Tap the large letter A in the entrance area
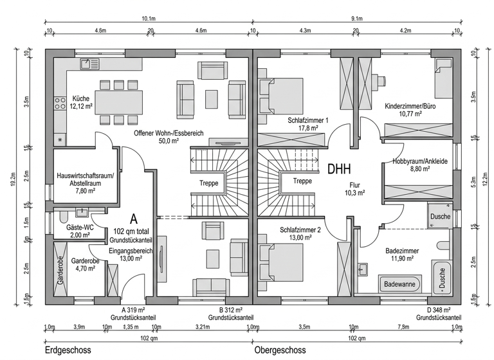tap(134, 219)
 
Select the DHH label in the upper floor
tap(339, 170)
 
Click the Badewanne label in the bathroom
tap(399, 283)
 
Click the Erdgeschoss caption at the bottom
tap(68, 351)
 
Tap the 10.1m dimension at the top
tap(149, 19)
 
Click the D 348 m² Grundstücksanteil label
tap(438, 314)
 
